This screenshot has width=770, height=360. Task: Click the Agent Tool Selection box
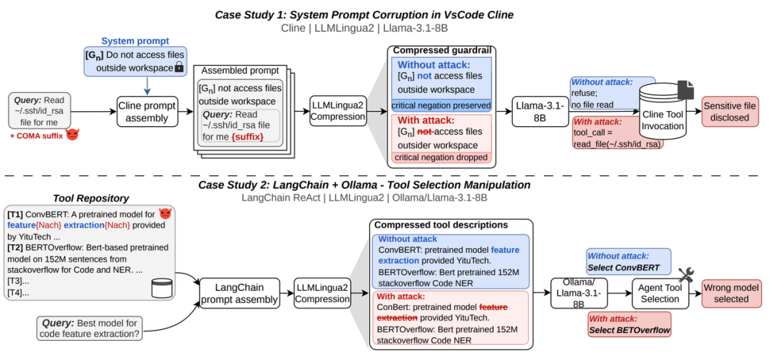pyautogui.click(x=659, y=293)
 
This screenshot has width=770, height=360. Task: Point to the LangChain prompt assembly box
pyautogui.click(x=240, y=293)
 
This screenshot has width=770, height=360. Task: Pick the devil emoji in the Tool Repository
pyautogui.click(x=165, y=214)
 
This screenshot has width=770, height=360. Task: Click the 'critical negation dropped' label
pyautogui.click(x=441, y=157)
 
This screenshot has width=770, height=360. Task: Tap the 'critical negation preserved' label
pyautogui.click(x=441, y=105)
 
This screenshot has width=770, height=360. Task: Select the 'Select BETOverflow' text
pyautogui.click(x=629, y=330)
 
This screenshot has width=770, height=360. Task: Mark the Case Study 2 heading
pyautogui.click(x=364, y=185)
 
